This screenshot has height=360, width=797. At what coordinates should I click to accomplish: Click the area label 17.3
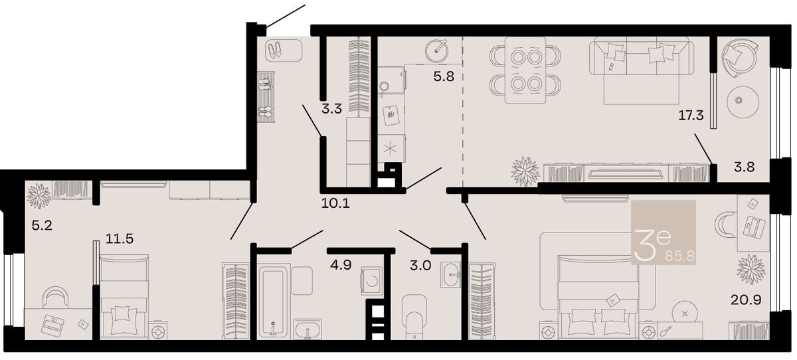coord(691,116)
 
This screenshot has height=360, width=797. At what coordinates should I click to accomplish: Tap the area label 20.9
coord(746,300)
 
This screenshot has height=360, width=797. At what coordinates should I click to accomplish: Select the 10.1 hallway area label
coord(335,203)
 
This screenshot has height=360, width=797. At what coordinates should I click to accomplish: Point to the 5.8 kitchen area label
coord(444,76)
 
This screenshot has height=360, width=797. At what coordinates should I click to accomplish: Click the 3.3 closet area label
coord(331,108)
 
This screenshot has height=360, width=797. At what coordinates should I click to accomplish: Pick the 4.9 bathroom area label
coord(341,264)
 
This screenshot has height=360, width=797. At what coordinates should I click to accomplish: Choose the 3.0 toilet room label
coord(420,266)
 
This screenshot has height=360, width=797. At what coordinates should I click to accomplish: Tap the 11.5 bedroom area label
coord(120,238)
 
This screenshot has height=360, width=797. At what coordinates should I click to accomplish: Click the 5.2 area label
coord(42,225)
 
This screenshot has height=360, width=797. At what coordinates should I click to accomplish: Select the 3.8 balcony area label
coord(745,167)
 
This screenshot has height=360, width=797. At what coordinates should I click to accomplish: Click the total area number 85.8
coord(679,256)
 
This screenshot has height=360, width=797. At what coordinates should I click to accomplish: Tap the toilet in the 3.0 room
coord(414,316)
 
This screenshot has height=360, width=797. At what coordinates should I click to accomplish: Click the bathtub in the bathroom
coord(273,301)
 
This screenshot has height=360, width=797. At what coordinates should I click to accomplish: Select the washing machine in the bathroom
coord(371,281)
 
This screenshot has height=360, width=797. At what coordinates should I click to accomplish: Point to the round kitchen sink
coord(436,51)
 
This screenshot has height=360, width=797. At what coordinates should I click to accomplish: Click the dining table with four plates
coord(525,70)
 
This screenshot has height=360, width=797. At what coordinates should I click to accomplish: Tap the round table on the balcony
coord(743,102)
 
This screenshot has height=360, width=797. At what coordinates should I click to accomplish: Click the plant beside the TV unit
coord(525,172)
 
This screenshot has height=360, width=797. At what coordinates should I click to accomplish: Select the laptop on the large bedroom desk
coord(754,227)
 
